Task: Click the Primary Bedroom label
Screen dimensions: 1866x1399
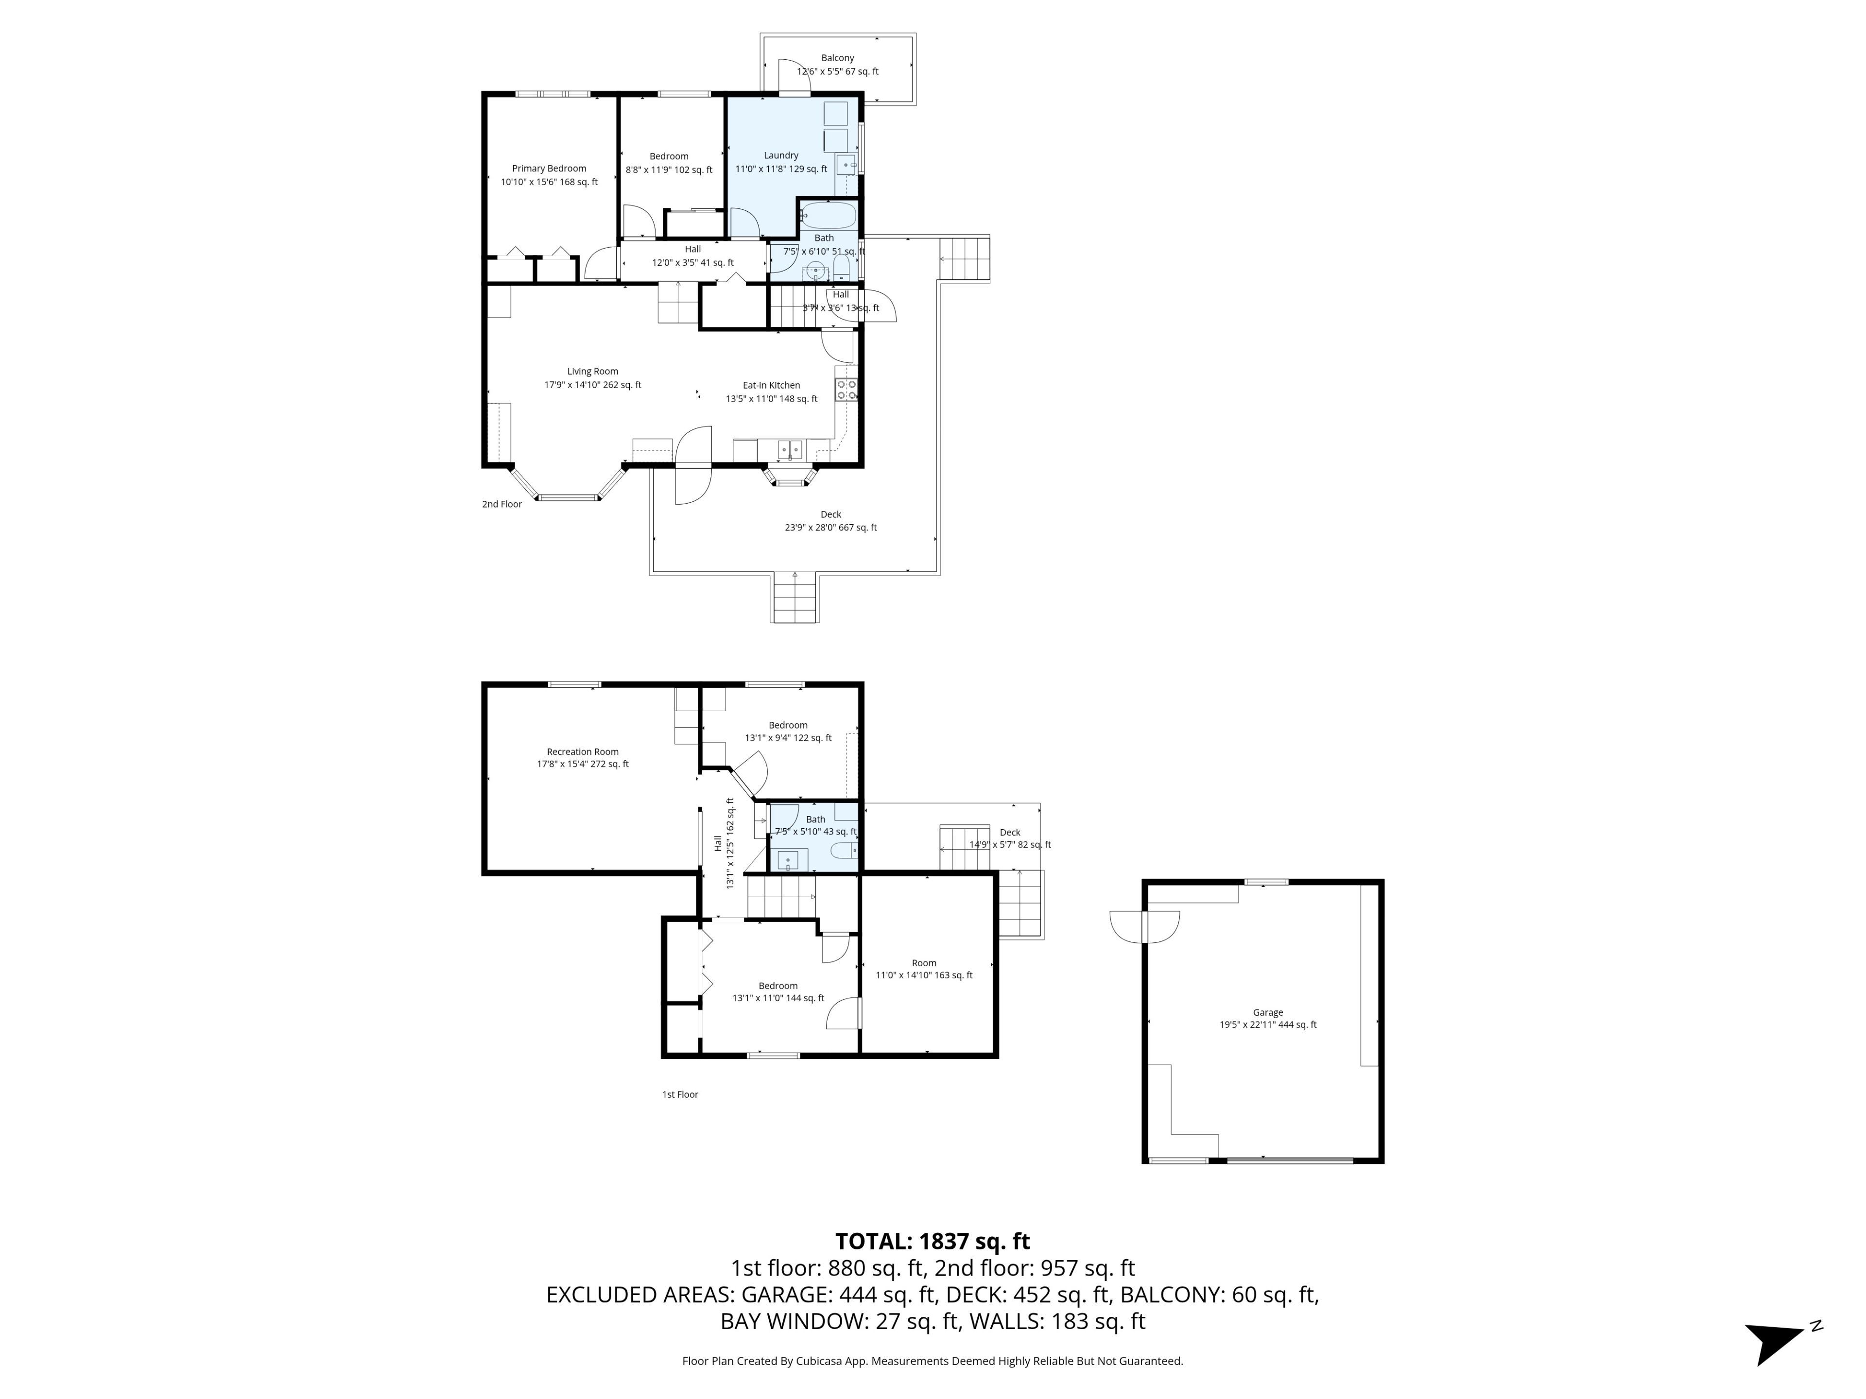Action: pyautogui.click(x=549, y=169)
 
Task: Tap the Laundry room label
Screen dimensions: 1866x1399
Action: pyautogui.click(x=781, y=155)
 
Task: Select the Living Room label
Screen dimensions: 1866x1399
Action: pyautogui.click(x=592, y=371)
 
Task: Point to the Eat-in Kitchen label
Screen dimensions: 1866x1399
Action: pyautogui.click(x=771, y=385)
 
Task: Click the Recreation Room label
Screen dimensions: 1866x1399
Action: pyautogui.click(x=583, y=751)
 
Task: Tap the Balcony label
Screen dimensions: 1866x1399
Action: pyautogui.click(x=838, y=58)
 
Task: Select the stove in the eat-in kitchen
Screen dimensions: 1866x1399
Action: pyautogui.click(x=846, y=390)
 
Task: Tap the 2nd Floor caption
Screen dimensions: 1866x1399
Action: pyautogui.click(x=502, y=504)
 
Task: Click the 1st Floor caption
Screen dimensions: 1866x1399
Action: pyautogui.click(x=680, y=1094)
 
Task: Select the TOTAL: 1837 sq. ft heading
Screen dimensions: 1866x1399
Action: pyautogui.click(x=932, y=1241)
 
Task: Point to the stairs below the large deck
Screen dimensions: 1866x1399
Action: pyautogui.click(x=795, y=597)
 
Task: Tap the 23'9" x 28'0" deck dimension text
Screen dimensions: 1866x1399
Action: pyautogui.click(x=831, y=528)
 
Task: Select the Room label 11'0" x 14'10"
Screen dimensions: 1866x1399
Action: pyautogui.click(x=924, y=969)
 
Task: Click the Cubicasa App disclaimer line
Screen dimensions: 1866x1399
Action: pyautogui.click(x=932, y=1361)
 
